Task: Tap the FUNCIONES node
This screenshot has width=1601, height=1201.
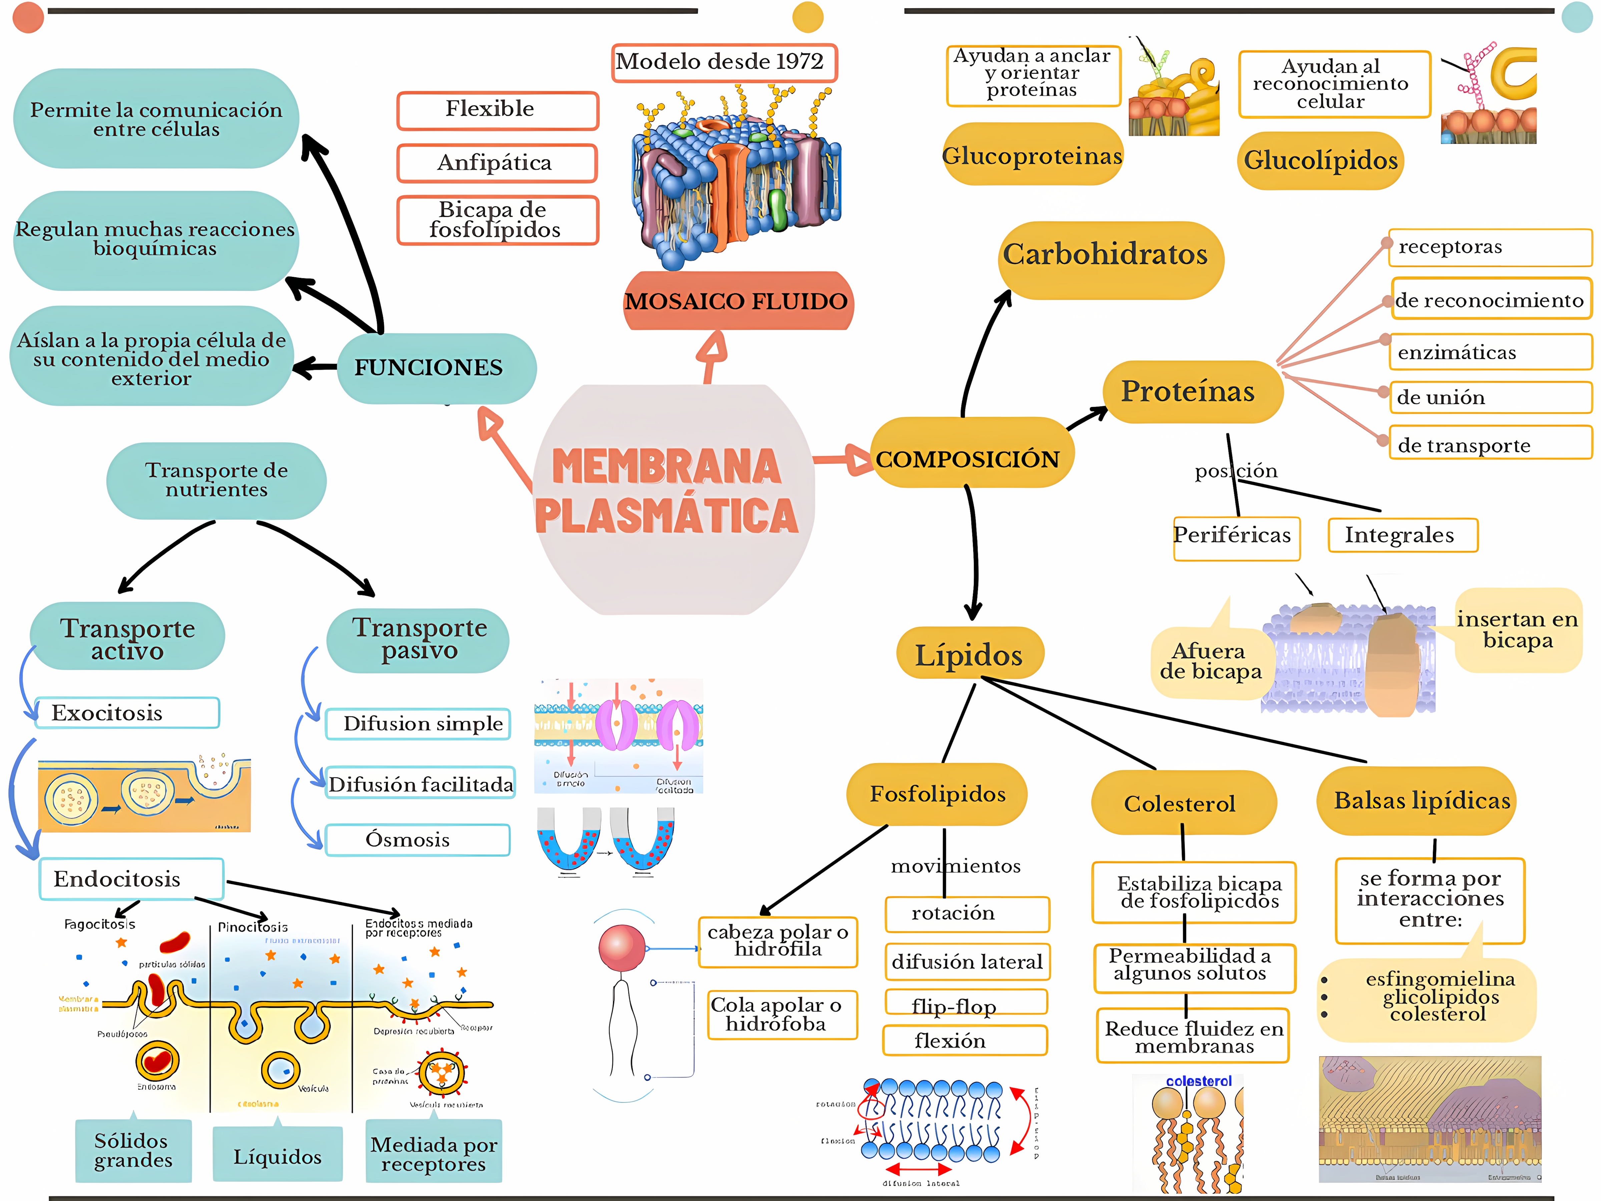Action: pos(429,368)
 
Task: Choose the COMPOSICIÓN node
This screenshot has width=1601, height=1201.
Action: pos(968,459)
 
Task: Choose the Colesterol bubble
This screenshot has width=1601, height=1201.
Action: pos(1180,804)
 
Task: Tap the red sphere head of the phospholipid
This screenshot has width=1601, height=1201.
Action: pos(621,948)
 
